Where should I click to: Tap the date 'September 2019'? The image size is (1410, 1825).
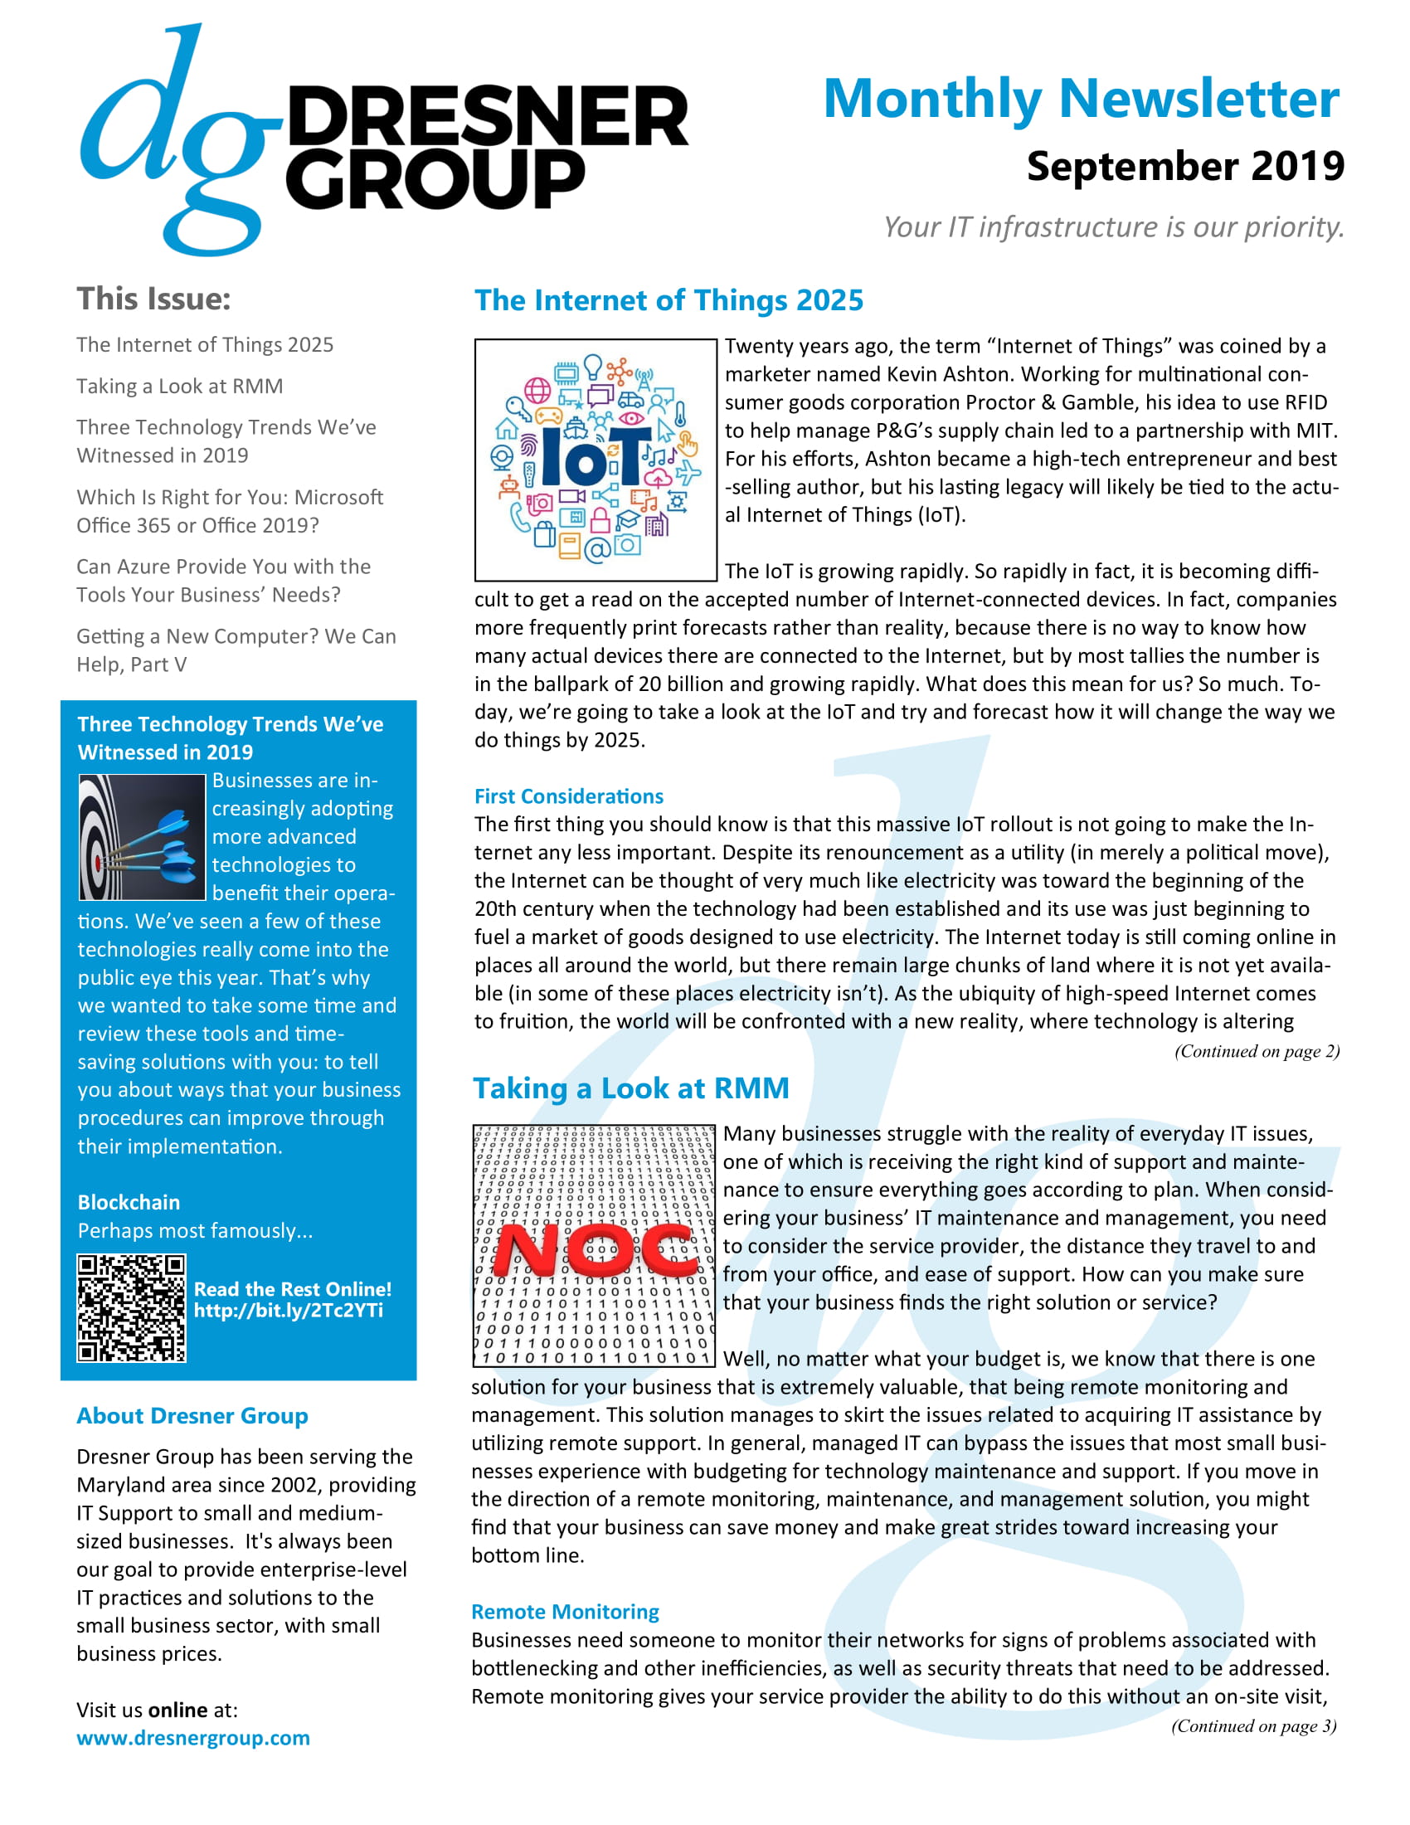(x=1184, y=166)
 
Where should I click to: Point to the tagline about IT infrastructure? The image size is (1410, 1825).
(x=1113, y=227)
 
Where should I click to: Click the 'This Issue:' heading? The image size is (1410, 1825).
(x=153, y=299)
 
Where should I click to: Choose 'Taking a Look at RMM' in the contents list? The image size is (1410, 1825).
(x=180, y=386)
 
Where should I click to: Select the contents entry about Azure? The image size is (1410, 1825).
(x=223, y=581)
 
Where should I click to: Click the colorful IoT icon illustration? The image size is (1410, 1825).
(x=596, y=460)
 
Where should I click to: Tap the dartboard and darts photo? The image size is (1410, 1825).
(x=142, y=837)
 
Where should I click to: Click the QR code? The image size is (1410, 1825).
(x=131, y=1307)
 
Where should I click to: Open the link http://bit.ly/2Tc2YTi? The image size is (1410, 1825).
(x=288, y=1310)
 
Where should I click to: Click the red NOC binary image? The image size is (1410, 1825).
(x=594, y=1245)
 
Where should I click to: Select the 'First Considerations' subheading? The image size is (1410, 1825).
(x=569, y=796)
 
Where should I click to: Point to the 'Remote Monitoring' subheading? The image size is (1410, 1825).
(x=565, y=1612)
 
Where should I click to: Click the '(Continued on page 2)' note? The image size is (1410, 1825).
(x=1257, y=1051)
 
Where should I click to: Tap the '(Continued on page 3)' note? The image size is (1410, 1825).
(x=1253, y=1726)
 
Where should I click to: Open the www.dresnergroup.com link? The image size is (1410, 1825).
(x=193, y=1738)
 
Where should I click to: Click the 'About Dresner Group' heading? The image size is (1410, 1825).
(x=192, y=1415)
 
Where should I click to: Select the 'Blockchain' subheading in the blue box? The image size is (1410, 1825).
(x=129, y=1203)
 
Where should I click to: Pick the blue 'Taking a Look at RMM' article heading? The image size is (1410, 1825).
(x=630, y=1088)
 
